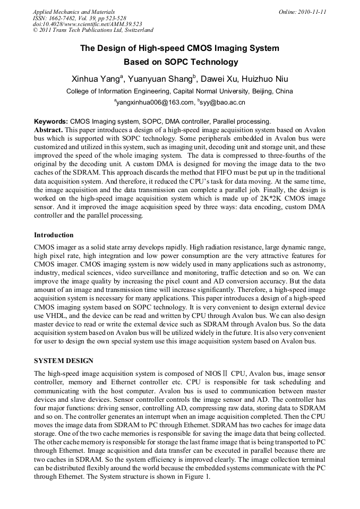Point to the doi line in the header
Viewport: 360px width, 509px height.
[x=87, y=24]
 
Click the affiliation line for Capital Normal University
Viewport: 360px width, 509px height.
[x=179, y=91]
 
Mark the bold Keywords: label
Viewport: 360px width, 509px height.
[x=51, y=122]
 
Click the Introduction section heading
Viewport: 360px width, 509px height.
[x=54, y=235]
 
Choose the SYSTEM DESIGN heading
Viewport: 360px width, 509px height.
[x=64, y=360]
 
